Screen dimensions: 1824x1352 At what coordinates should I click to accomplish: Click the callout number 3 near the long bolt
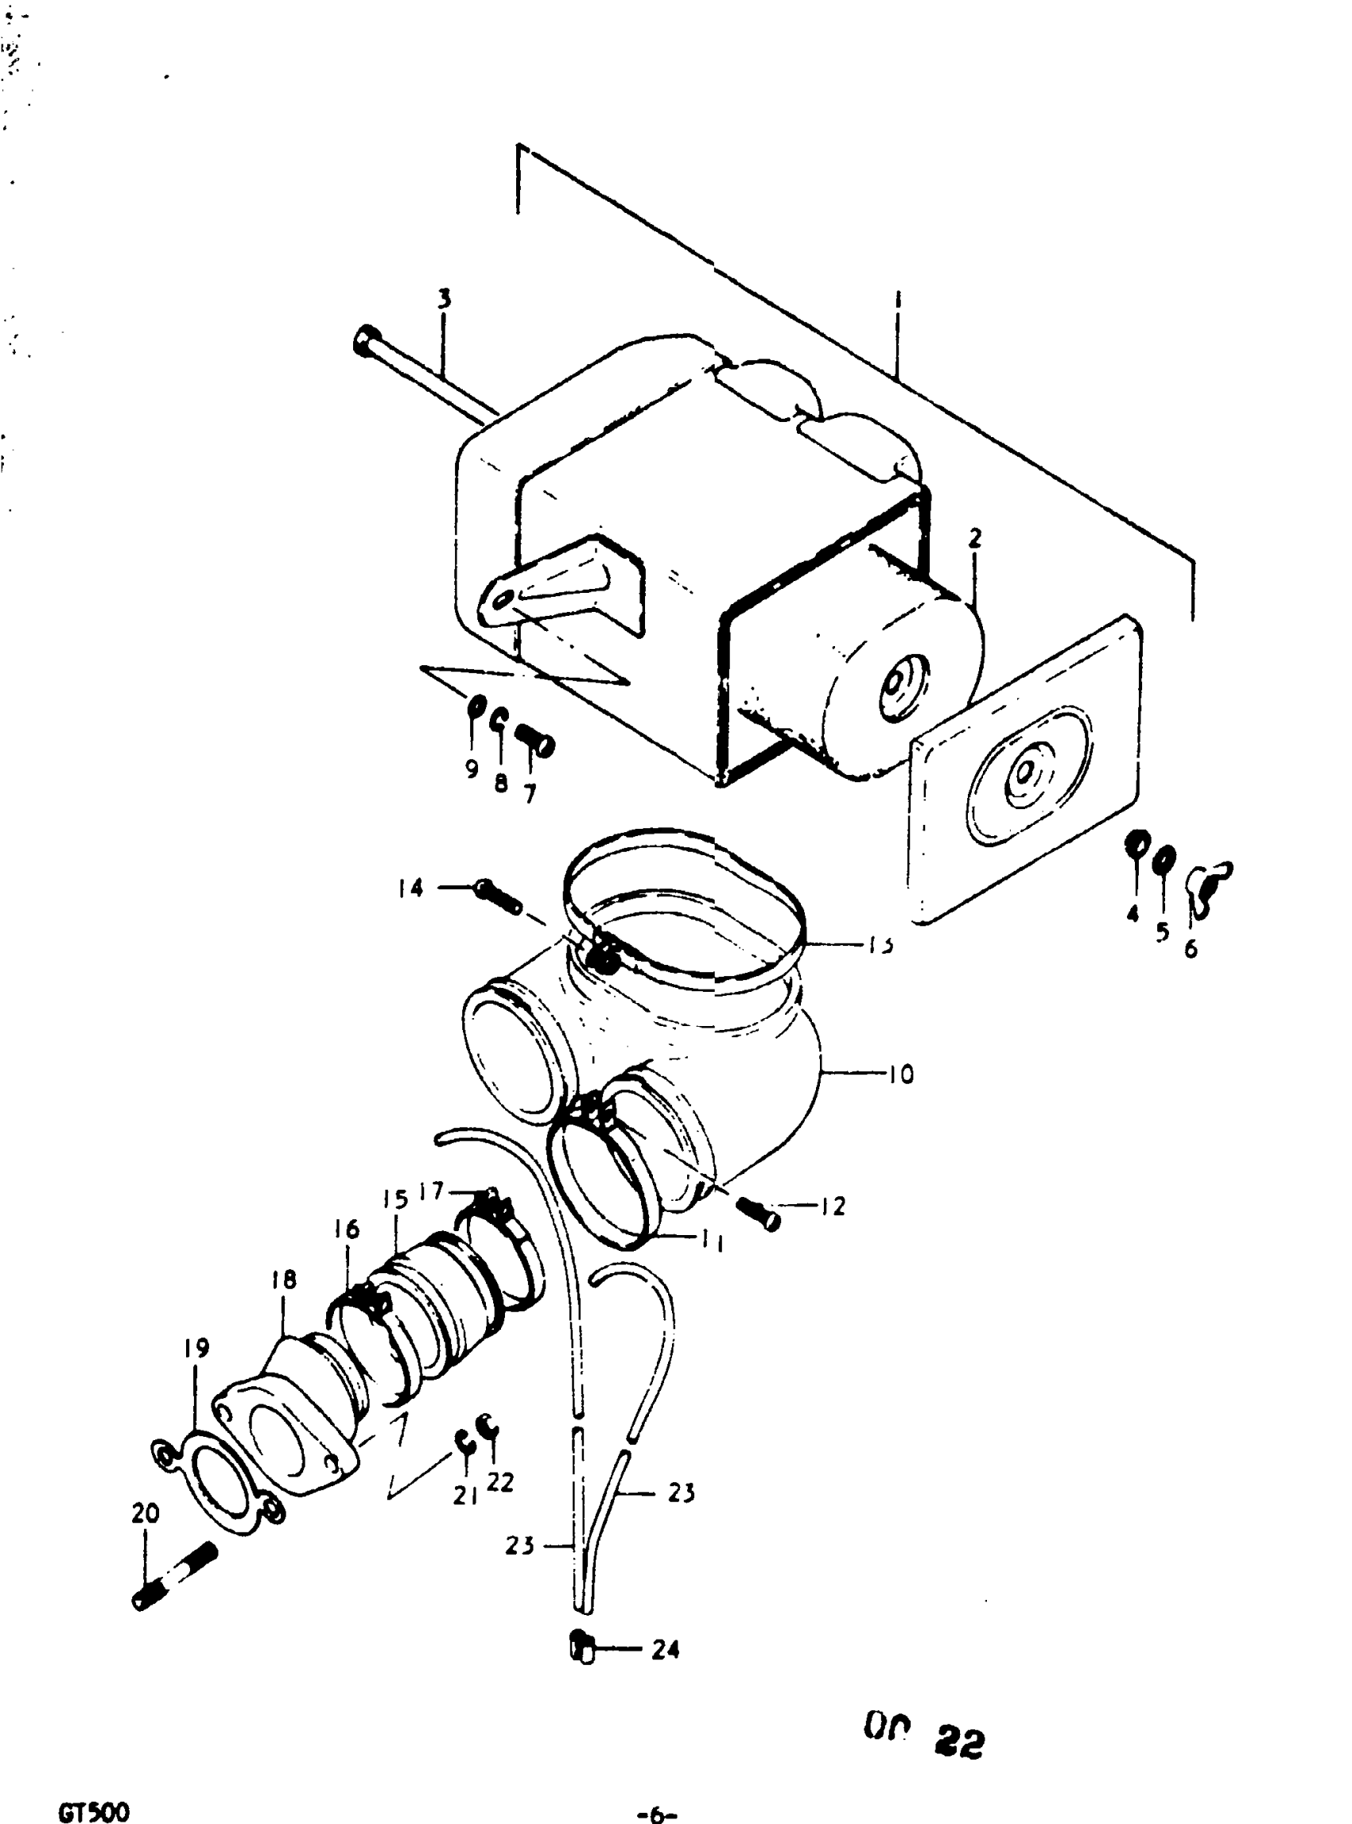tap(444, 299)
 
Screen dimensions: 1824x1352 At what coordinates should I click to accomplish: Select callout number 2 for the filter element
tap(974, 538)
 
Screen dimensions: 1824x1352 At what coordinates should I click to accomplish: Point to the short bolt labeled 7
tap(534, 741)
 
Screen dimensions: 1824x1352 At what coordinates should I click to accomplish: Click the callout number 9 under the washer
tap(472, 768)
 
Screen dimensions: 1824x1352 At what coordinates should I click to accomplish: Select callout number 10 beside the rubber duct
tap(900, 1073)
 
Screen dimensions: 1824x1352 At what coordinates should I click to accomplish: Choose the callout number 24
tap(666, 1650)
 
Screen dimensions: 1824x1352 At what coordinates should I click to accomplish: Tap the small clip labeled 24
tap(581, 1646)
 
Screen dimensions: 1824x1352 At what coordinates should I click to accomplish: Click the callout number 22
tap(500, 1481)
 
